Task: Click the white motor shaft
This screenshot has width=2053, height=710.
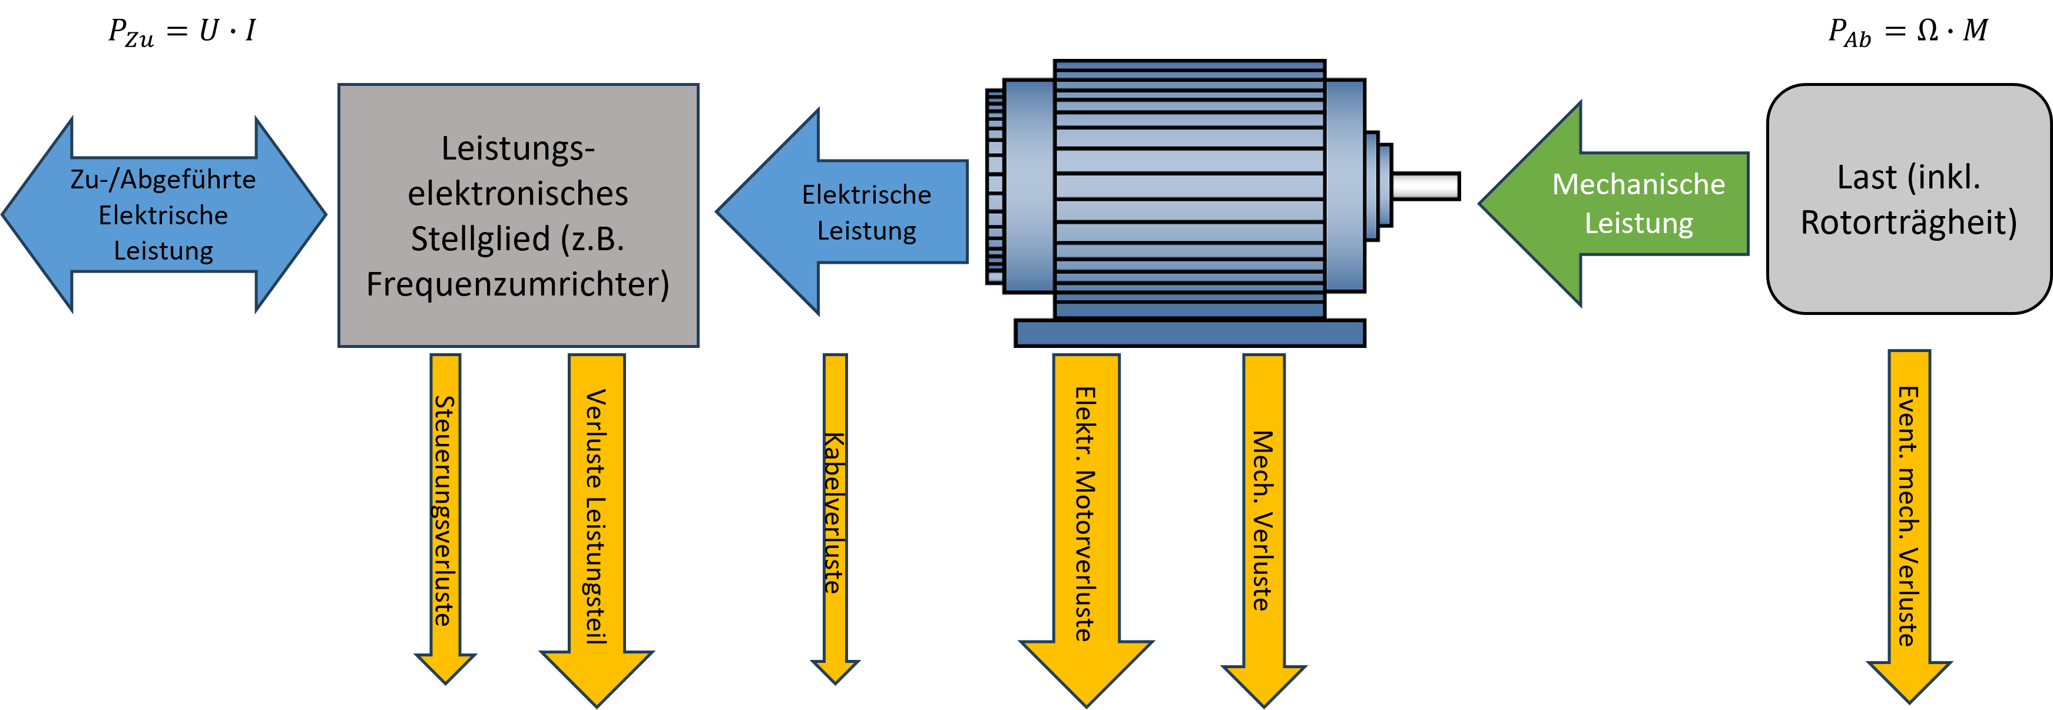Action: (1424, 185)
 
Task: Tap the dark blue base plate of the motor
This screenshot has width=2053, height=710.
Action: (1189, 333)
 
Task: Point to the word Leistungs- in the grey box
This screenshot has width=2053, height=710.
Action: (518, 149)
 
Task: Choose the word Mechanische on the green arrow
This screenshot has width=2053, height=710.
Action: (1638, 185)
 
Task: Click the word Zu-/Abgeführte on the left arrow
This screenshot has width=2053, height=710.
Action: (163, 180)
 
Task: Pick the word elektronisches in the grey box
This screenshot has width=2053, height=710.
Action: (518, 194)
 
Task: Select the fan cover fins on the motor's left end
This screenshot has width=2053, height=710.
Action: (995, 187)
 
